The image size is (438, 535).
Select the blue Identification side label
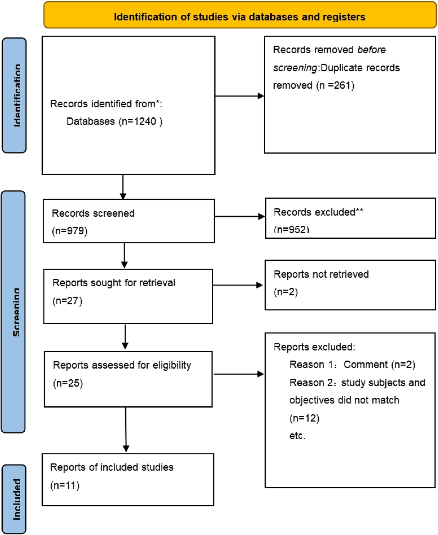point(14,95)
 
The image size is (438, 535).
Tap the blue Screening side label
point(14,312)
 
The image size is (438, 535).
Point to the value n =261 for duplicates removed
point(335,86)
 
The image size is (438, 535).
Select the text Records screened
point(93,213)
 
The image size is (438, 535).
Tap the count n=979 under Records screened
point(69,231)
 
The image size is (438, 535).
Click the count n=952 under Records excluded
point(291,230)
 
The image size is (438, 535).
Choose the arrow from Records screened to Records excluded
point(239,217)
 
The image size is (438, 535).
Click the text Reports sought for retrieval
point(114,283)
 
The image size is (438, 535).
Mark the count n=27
point(67,301)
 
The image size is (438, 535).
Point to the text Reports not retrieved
point(321,274)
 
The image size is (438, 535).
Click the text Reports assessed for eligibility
point(122,365)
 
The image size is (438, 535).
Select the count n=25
point(68,383)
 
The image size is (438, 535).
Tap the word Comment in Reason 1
point(365,365)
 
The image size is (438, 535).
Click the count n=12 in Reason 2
point(304,418)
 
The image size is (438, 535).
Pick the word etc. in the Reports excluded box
point(297,436)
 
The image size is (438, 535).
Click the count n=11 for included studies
point(65,486)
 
